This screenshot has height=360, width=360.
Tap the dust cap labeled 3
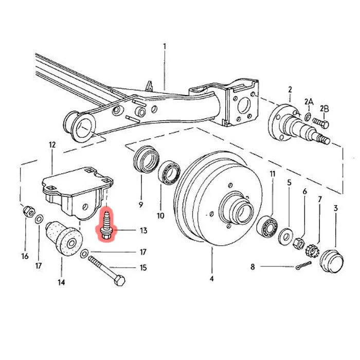point(332,261)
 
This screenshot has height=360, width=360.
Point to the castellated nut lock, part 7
point(312,251)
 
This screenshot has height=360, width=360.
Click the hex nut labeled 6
point(299,243)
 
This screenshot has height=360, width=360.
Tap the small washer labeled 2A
point(308,117)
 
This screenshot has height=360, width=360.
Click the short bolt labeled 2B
point(321,122)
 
